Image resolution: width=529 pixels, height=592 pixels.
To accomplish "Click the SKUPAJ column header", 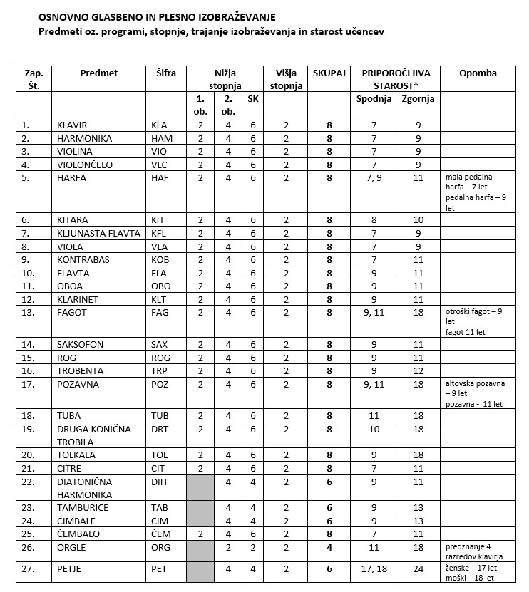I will click(329, 73).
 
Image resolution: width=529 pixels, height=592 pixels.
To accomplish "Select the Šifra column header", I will click(165, 73).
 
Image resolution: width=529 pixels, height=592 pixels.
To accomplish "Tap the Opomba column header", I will click(478, 73).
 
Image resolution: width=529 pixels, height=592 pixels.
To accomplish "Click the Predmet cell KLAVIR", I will click(75, 125).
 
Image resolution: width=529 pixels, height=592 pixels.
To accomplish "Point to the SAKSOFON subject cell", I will click(80, 345).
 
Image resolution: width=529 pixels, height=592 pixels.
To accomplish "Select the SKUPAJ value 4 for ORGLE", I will click(329, 548).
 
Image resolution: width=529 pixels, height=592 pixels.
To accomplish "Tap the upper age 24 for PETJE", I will click(418, 569).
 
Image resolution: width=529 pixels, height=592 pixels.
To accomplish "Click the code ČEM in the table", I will click(160, 534).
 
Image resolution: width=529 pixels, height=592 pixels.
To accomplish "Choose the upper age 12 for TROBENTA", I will click(418, 371).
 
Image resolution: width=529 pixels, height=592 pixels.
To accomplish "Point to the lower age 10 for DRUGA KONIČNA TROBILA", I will click(374, 430).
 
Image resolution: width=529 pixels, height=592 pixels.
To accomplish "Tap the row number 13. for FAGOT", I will click(29, 312).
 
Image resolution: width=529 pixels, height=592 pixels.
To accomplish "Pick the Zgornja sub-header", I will click(418, 99).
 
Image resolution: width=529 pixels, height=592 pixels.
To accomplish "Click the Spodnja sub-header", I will click(374, 99).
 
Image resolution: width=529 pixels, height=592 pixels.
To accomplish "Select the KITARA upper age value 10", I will click(418, 220).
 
